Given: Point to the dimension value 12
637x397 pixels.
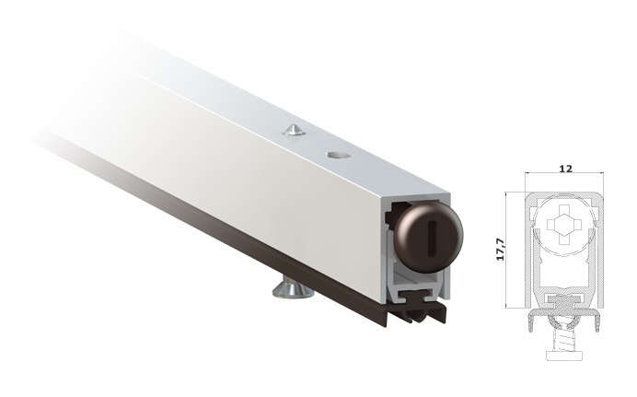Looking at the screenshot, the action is pos(565,169).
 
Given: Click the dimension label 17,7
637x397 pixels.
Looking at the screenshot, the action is pos(501,249).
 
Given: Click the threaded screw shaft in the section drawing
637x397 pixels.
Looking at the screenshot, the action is pos(564,341).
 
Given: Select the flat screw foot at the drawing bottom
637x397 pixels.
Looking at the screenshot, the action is pos(564,356).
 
